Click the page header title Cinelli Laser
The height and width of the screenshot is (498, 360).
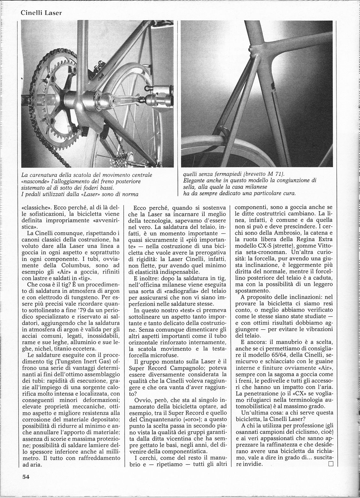pos(41,13)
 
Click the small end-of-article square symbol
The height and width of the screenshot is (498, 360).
pos(330,464)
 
